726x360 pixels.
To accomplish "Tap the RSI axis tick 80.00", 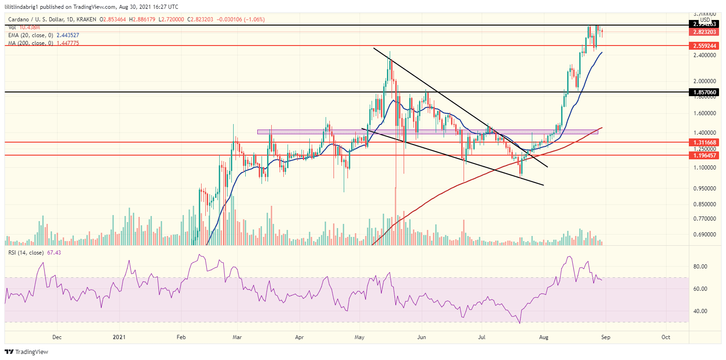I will tap(700, 267).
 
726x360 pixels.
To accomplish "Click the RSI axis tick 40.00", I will tap(700, 311).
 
